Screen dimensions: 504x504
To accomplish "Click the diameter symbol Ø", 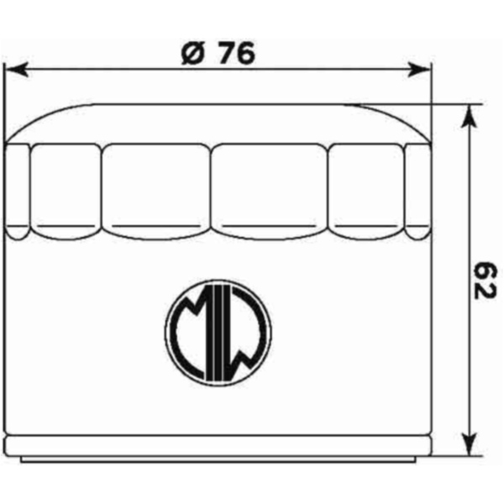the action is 193,53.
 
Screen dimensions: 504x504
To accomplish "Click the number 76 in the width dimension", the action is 237,53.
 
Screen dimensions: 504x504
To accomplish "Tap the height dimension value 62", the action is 485,281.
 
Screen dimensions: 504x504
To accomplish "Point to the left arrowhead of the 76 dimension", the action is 17,70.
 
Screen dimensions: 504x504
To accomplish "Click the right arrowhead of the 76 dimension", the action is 418,70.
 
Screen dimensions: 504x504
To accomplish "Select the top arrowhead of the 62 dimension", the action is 470,117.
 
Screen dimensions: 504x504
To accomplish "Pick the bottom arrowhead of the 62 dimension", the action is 470,444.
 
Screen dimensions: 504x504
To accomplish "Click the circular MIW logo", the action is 218,333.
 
